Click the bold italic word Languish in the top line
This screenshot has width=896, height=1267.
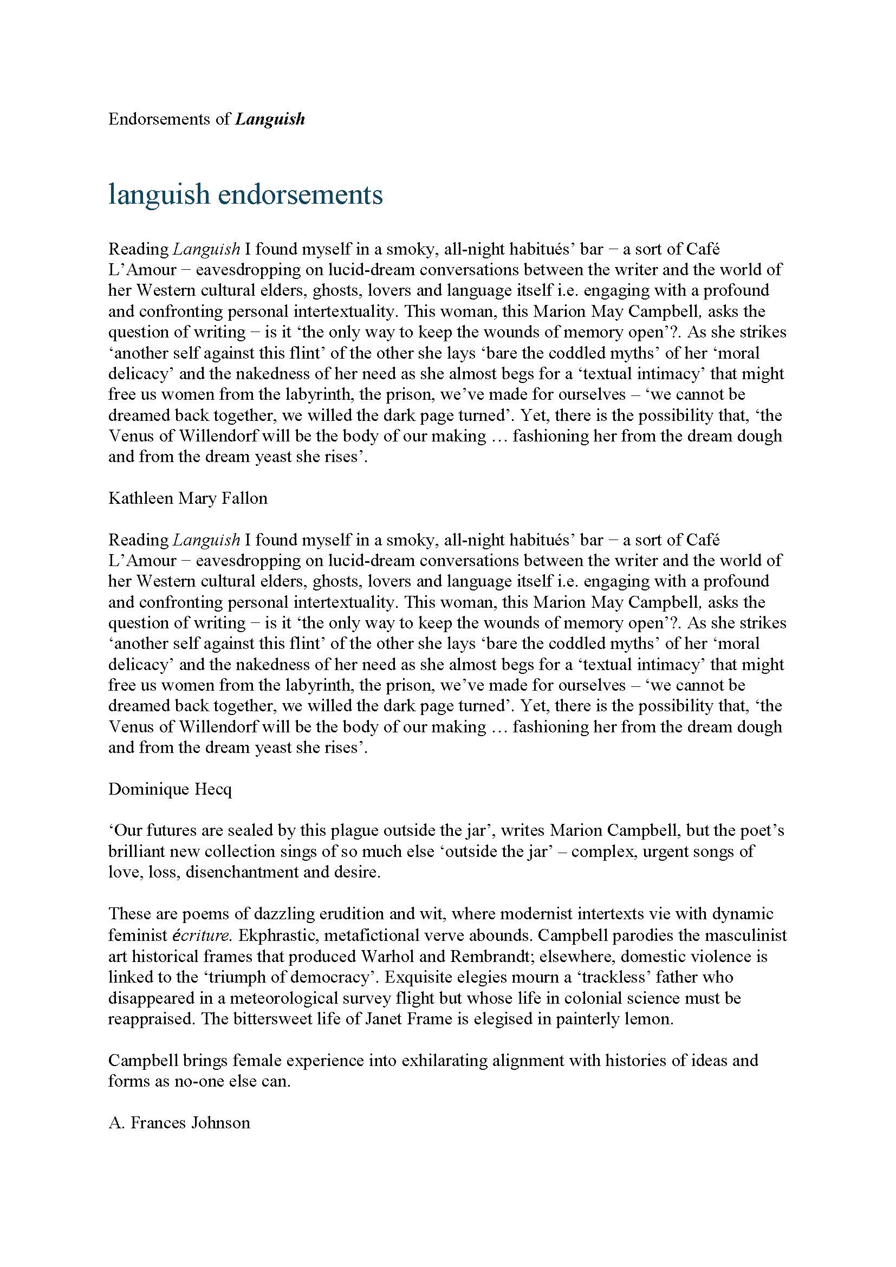point(270,119)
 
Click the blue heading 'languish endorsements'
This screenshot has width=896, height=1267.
point(245,194)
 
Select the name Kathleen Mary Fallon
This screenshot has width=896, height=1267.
point(187,498)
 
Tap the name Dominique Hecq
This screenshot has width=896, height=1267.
point(170,789)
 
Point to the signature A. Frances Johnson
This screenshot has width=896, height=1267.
point(179,1122)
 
